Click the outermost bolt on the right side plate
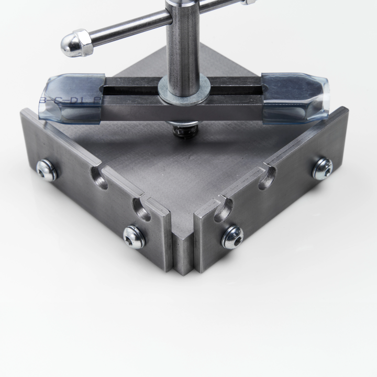322,168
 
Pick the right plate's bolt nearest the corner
232,236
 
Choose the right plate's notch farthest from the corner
269,176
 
